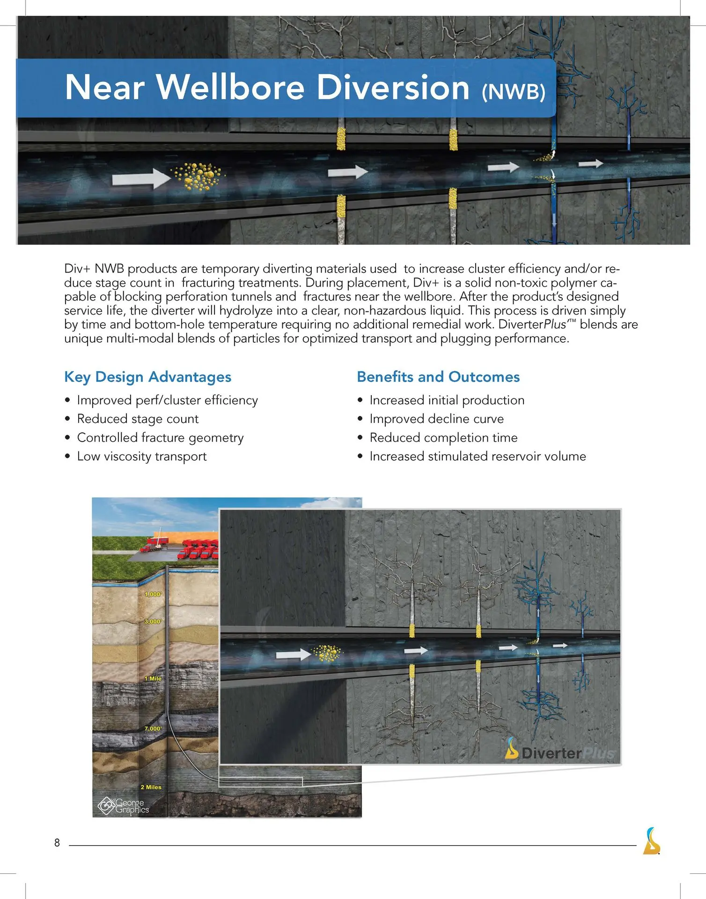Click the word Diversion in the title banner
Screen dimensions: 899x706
click(x=393, y=88)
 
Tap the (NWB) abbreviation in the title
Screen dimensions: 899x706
click(x=514, y=91)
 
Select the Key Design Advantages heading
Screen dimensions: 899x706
click(x=147, y=377)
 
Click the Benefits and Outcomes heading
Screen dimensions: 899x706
click(x=438, y=377)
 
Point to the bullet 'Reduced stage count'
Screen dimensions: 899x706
click(x=138, y=419)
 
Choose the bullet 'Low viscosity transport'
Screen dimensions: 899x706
click(x=141, y=456)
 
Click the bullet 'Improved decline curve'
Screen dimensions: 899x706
click(x=436, y=419)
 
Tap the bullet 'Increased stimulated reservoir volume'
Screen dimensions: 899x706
click(x=478, y=456)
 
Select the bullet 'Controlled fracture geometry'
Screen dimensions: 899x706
click(x=160, y=437)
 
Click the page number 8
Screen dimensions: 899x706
click(x=57, y=843)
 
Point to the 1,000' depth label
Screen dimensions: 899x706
click(x=153, y=594)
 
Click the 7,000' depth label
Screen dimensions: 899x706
click(x=153, y=729)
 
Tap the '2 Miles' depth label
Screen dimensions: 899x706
click(x=151, y=787)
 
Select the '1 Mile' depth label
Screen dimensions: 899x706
click(x=153, y=678)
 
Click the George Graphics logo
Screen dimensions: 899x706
click(x=123, y=805)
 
